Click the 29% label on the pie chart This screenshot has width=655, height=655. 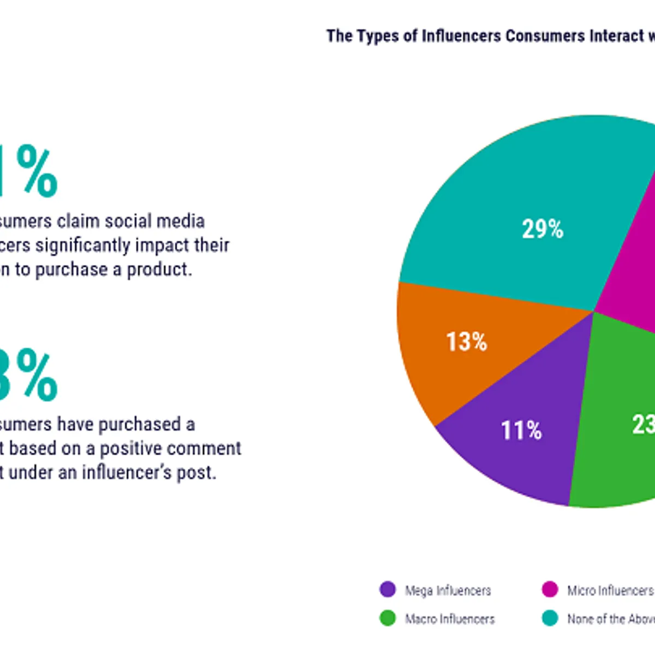(542, 229)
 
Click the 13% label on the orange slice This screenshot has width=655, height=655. (466, 342)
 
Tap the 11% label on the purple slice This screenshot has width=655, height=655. (521, 431)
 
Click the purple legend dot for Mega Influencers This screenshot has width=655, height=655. (388, 589)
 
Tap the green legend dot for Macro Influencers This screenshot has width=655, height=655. (388, 618)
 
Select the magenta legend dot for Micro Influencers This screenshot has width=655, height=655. (550, 589)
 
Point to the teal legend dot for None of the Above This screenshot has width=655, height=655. (550, 618)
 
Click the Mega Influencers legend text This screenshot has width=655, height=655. (448, 591)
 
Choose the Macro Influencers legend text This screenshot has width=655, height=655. (450, 619)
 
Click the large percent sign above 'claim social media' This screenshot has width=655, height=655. (37, 171)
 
